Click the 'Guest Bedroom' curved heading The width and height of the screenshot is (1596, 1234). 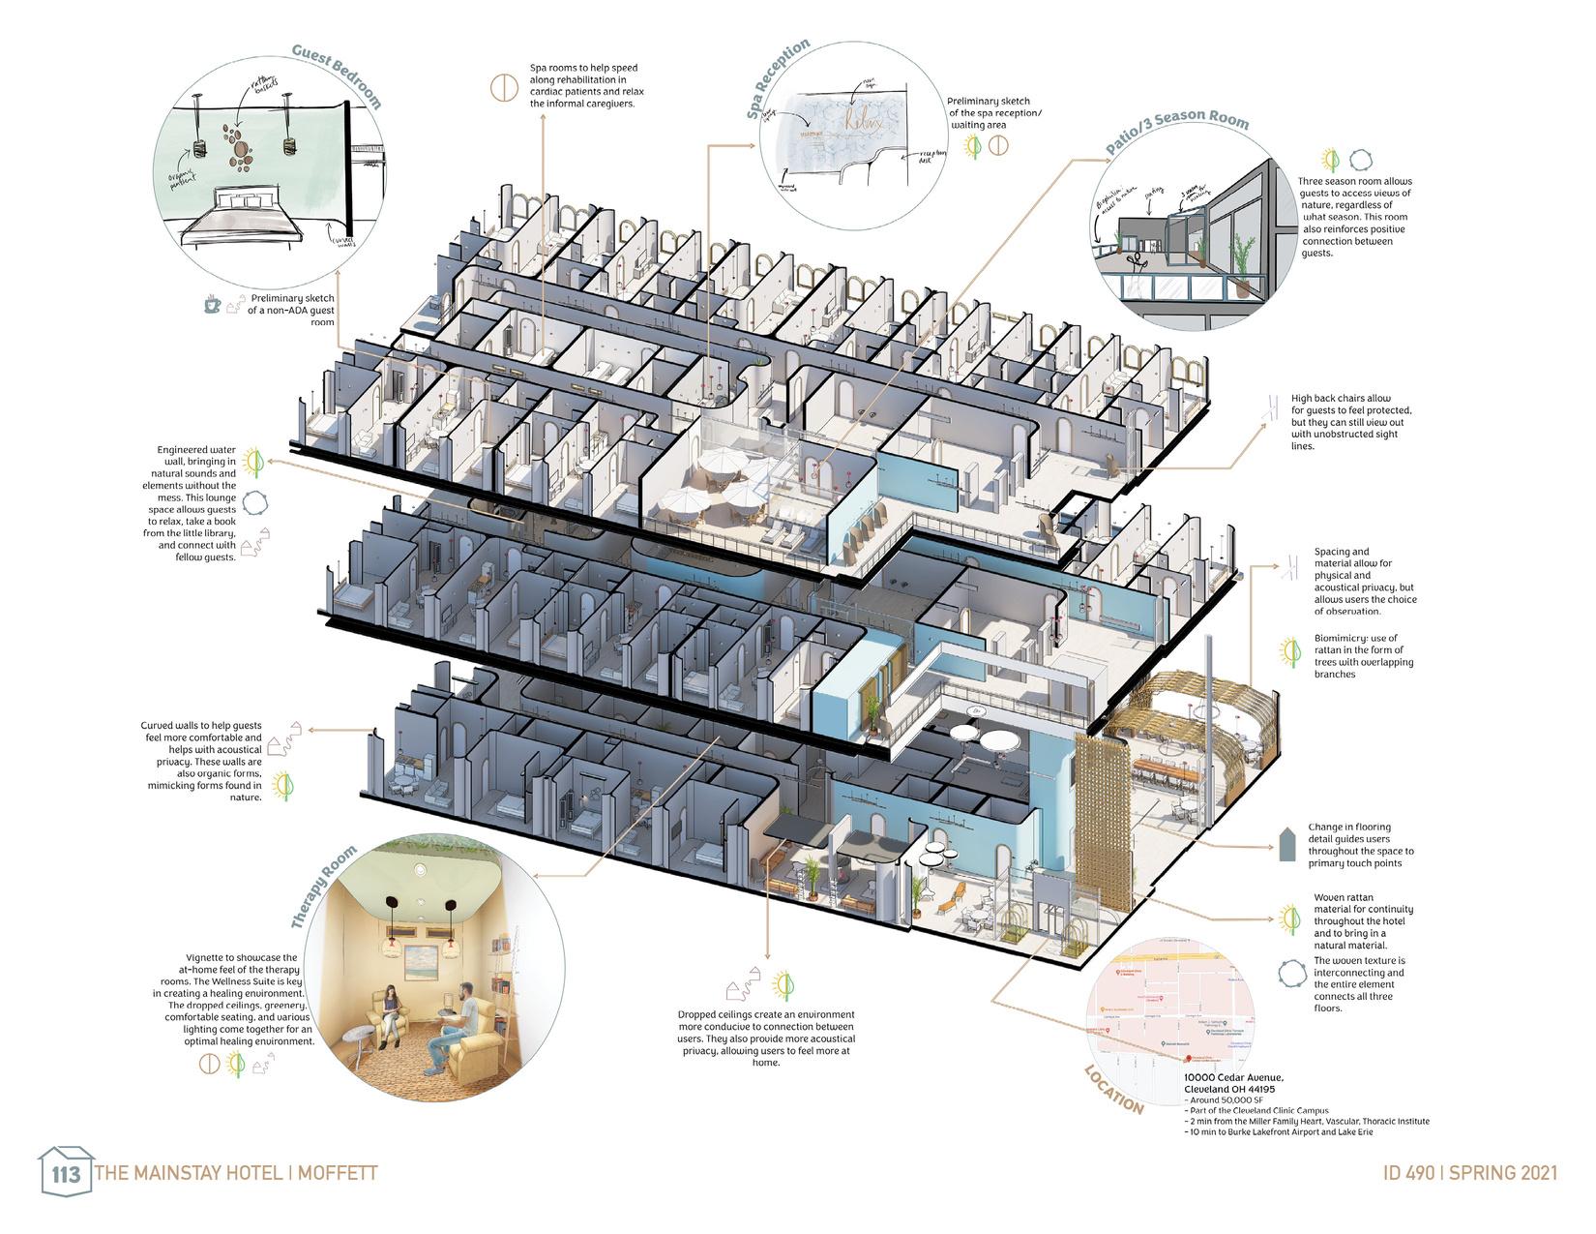tap(338, 75)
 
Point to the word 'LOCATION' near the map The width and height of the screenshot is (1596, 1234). tap(1113, 1090)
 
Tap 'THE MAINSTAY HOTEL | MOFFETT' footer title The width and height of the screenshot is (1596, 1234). tap(236, 1173)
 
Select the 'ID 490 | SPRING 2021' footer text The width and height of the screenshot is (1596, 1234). tap(1470, 1172)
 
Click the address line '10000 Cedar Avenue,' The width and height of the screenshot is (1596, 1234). tap(1233, 1077)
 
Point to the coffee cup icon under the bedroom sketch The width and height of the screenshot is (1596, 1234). tap(212, 304)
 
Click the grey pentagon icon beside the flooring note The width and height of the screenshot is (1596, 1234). tap(1286, 845)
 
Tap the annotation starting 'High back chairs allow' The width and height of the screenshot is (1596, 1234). tap(1342, 398)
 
